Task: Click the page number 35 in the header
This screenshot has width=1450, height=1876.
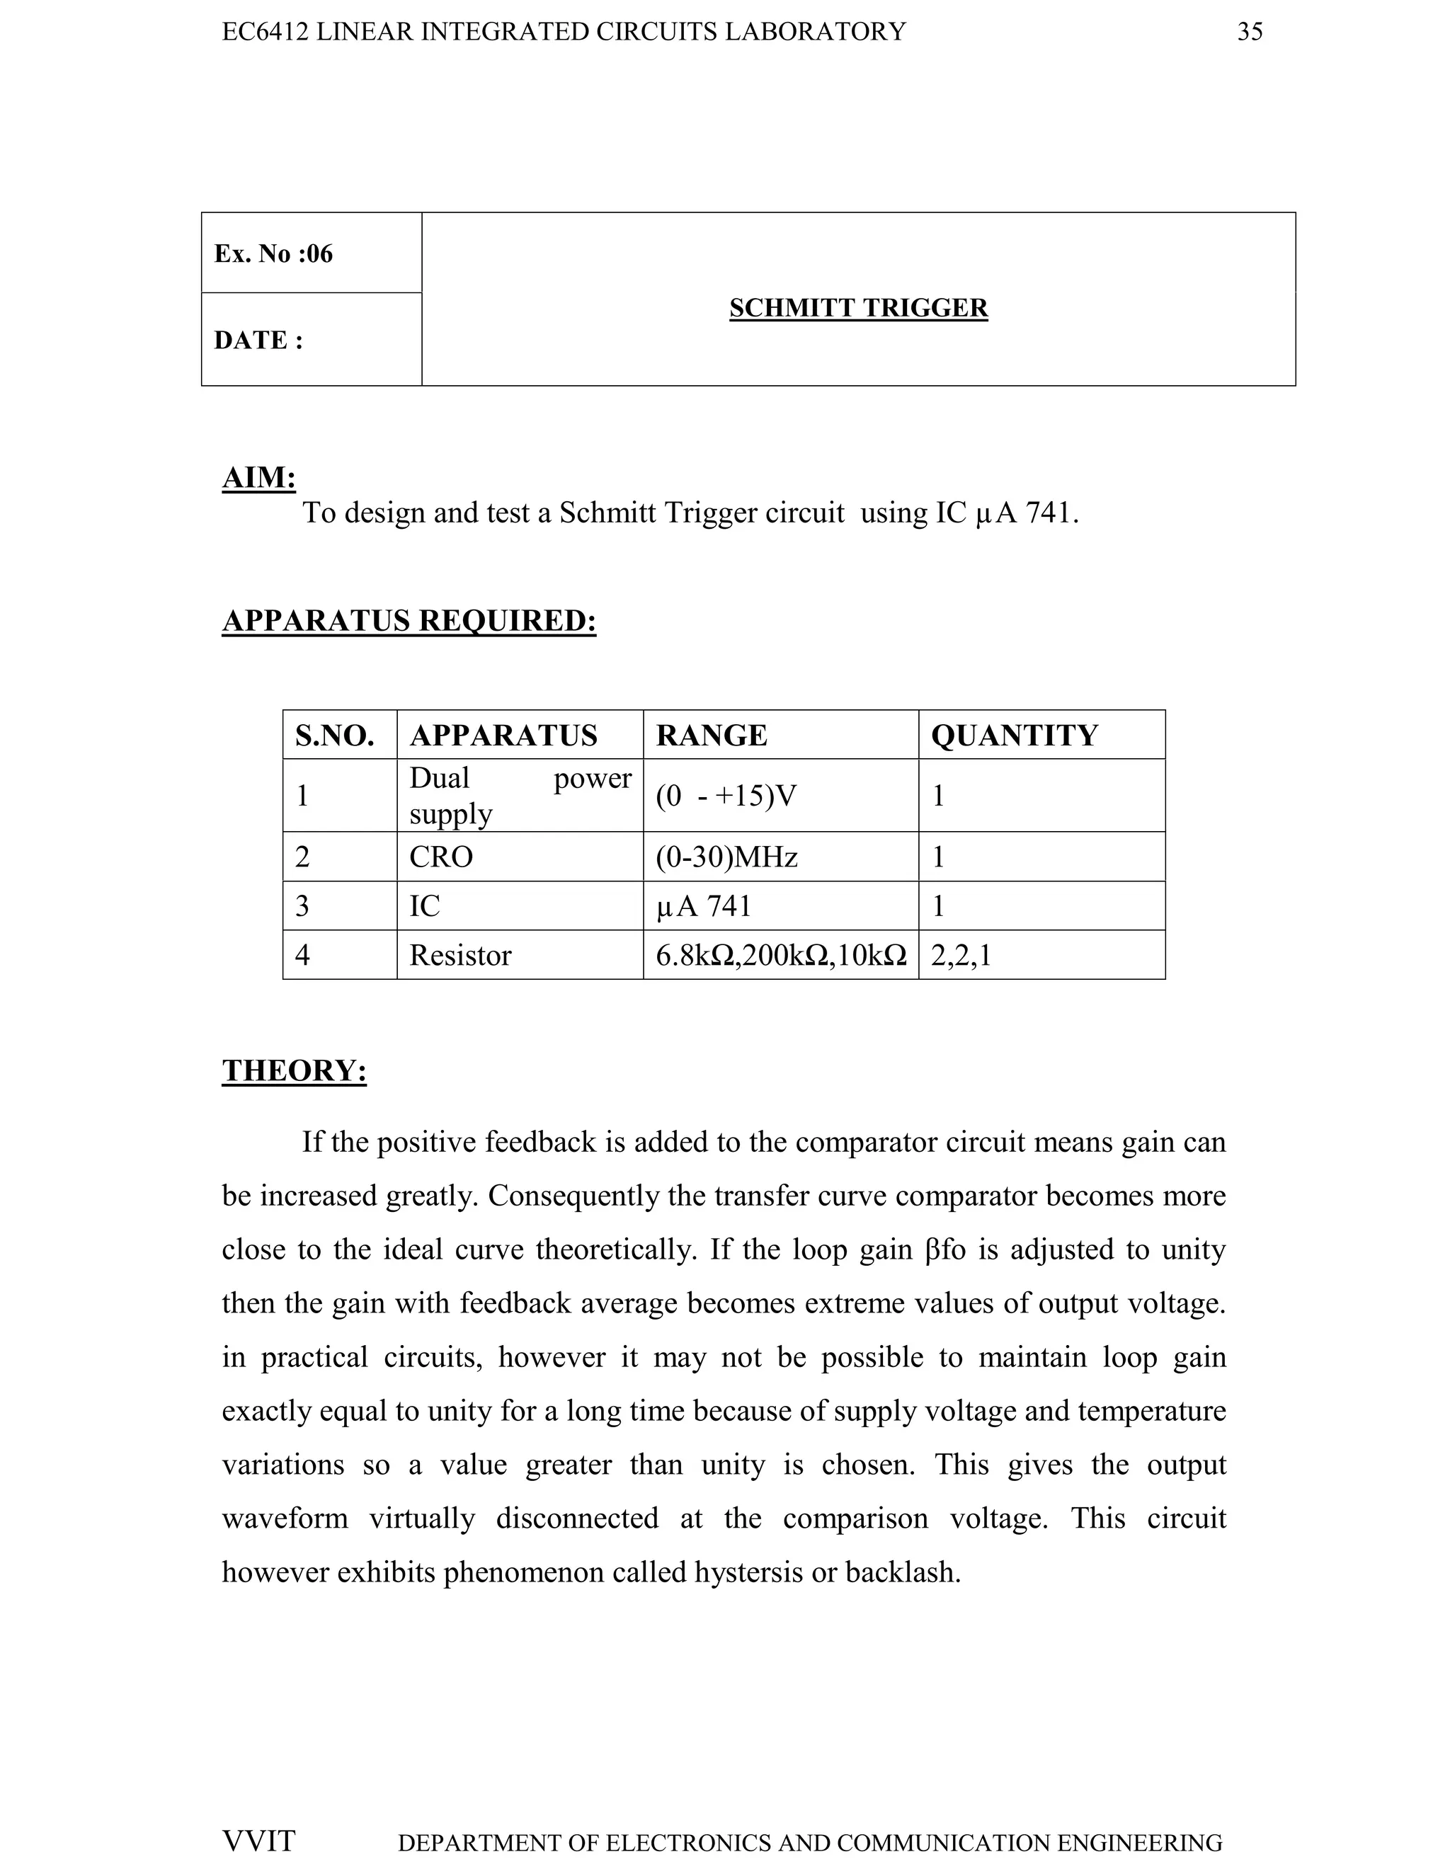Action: point(1249,32)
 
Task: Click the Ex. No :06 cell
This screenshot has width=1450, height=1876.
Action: point(273,253)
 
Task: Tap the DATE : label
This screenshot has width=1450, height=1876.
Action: point(258,340)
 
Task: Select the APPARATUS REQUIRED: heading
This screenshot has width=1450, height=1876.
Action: point(409,619)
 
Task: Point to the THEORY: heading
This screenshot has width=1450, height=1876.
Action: point(294,1070)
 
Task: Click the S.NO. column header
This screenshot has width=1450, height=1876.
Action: point(334,736)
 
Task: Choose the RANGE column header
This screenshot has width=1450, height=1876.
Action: point(712,736)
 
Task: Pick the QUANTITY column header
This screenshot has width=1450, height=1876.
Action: point(1014,736)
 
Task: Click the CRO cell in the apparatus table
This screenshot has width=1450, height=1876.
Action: point(440,857)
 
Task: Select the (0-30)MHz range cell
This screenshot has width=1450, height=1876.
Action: point(726,857)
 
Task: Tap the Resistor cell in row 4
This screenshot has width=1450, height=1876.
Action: point(460,954)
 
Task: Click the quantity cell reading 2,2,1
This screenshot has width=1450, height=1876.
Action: point(960,954)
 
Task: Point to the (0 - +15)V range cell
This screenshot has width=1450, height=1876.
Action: point(726,796)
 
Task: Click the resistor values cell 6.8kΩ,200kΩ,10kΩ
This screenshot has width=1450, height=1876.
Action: point(780,954)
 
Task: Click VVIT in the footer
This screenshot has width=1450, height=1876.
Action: point(258,1841)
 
